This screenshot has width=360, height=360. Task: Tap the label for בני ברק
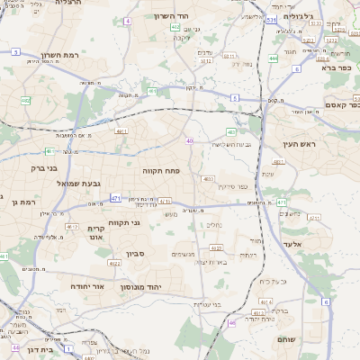coord(44,167)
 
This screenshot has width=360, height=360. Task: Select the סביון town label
coord(136,256)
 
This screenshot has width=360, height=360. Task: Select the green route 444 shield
coord(272,58)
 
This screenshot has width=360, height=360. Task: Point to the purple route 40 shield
coord(190,140)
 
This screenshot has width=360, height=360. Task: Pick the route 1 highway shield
coord(69,347)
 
